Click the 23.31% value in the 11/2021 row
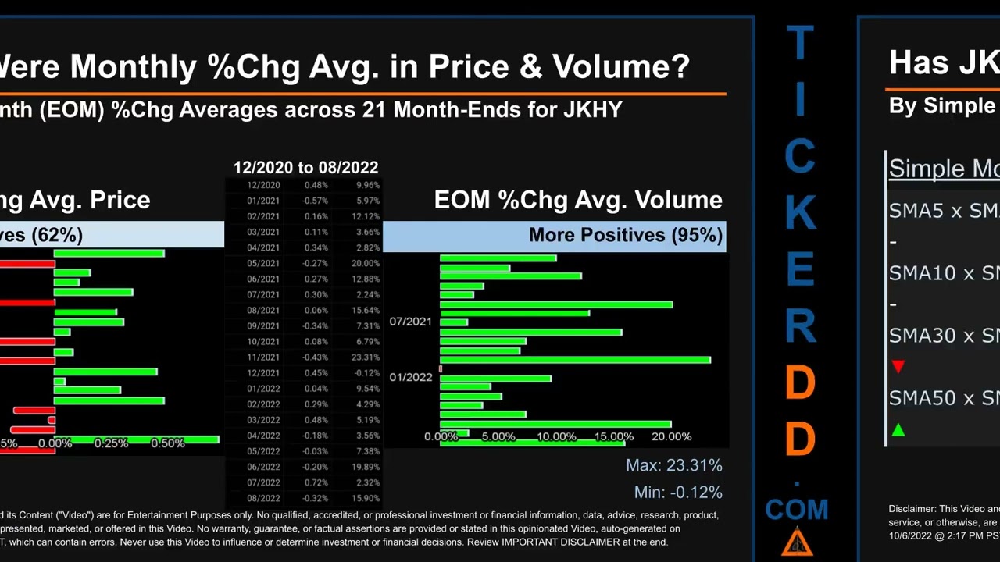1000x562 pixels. point(366,357)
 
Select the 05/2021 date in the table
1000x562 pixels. point(263,263)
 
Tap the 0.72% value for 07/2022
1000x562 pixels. point(316,482)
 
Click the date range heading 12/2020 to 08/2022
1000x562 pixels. point(305,168)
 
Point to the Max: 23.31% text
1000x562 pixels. point(673,465)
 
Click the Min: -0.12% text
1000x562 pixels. point(677,493)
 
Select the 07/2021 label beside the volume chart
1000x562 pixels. point(410,322)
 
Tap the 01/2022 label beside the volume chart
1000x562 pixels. point(410,377)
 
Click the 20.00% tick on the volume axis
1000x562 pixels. point(671,436)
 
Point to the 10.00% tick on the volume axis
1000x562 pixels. point(555,436)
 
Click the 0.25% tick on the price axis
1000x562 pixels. point(111,443)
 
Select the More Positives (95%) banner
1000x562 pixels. point(625,235)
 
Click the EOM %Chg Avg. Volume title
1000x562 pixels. point(578,200)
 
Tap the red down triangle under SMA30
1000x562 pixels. point(898,367)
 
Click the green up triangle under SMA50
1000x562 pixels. point(898,430)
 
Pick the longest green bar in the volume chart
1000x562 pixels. point(575,360)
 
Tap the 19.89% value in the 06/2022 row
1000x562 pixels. point(366,467)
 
